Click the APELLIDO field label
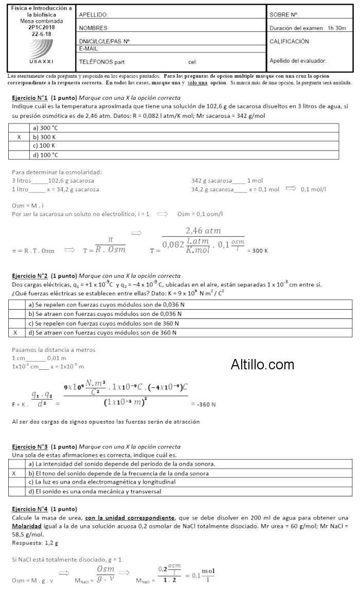[x=94, y=15]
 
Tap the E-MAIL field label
[x=89, y=48]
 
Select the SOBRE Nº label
[x=284, y=15]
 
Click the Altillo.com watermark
[x=262, y=365]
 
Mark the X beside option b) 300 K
[x=19, y=137]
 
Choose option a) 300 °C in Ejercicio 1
[x=45, y=128]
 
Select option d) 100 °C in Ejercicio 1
[x=45, y=155]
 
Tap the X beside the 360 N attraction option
[x=15, y=333]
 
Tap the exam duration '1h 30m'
[x=337, y=28]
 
